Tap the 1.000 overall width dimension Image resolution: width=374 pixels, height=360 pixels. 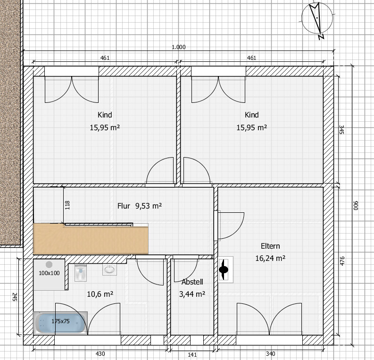pyautogui.click(x=179, y=47)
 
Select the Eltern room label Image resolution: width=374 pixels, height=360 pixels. pyautogui.click(x=270, y=246)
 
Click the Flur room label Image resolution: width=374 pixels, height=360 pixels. pyautogui.click(x=124, y=206)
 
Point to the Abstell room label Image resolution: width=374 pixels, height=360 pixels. pyautogui.click(x=192, y=282)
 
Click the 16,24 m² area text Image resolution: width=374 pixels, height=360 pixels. pyautogui.click(x=270, y=258)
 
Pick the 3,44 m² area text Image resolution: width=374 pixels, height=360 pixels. pyautogui.click(x=192, y=294)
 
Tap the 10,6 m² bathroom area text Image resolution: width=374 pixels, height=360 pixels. pyautogui.click(x=100, y=294)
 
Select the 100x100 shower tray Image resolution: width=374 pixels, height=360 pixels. pyautogui.click(x=49, y=274)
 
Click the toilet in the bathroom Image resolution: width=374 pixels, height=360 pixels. pyautogui.click(x=81, y=272)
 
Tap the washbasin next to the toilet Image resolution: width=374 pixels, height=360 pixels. pyautogui.click(x=110, y=269)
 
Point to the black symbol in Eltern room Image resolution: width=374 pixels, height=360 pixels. pyautogui.click(x=224, y=270)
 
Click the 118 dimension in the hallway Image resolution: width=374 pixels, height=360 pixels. pyautogui.click(x=67, y=205)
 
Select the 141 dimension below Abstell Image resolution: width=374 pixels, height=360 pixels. pyautogui.click(x=192, y=355)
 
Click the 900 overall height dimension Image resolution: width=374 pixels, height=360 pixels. pyautogui.click(x=356, y=206)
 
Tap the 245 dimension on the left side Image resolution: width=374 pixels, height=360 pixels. pyautogui.click(x=14, y=297)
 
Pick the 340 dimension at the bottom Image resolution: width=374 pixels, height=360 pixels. pyautogui.click(x=270, y=353)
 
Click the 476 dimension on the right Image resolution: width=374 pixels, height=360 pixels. pyautogui.click(x=342, y=261)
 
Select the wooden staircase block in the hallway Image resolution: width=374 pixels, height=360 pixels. pyautogui.click(x=91, y=239)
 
